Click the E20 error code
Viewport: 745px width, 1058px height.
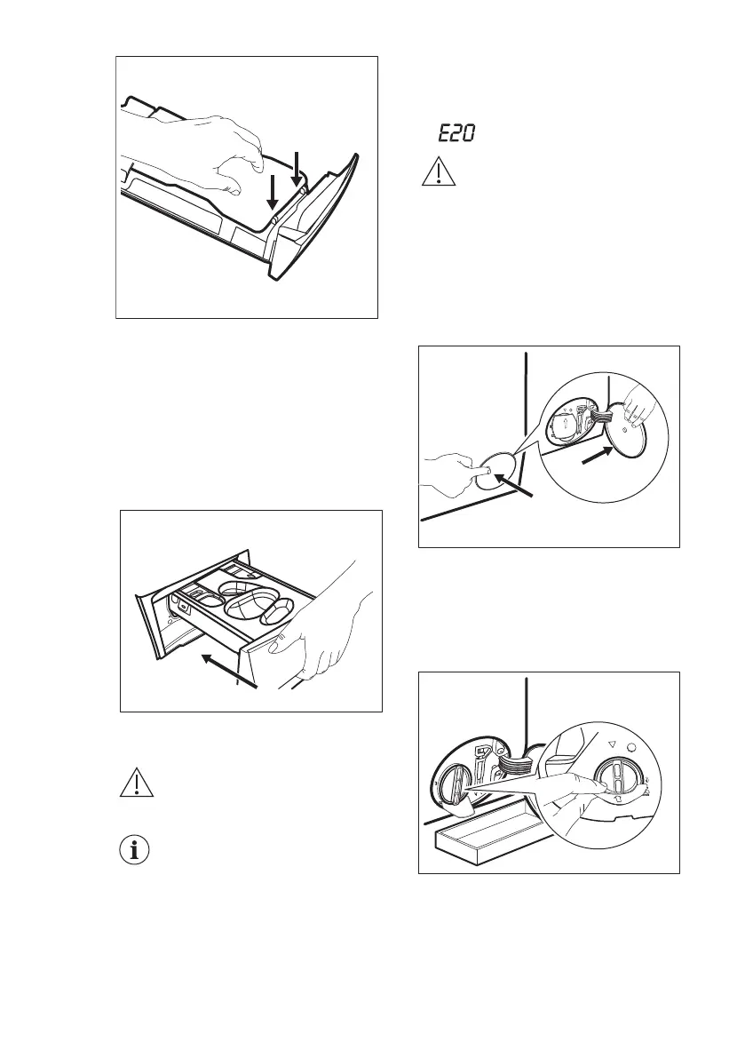455,134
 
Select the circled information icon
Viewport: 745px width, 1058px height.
134,850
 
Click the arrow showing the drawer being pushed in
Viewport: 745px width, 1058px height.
229,670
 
